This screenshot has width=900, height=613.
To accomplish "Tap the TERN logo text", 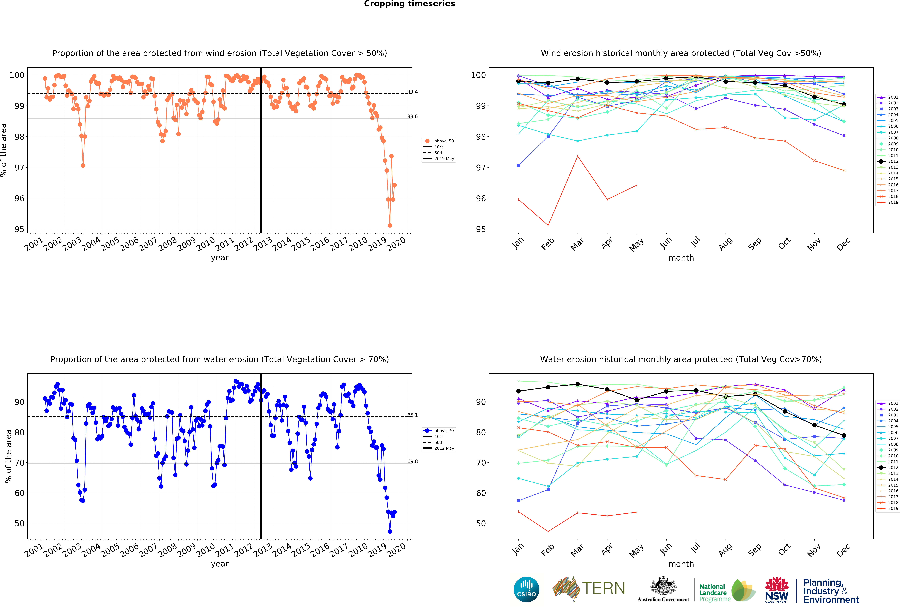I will [603, 589].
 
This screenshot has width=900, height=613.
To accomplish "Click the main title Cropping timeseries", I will [409, 4].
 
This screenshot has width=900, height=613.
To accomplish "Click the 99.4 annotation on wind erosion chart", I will [412, 92].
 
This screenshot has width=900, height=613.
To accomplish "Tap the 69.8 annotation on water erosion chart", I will [412, 461].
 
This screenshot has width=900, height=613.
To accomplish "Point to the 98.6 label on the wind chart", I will [412, 117].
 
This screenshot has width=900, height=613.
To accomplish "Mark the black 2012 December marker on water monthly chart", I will [844, 435].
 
